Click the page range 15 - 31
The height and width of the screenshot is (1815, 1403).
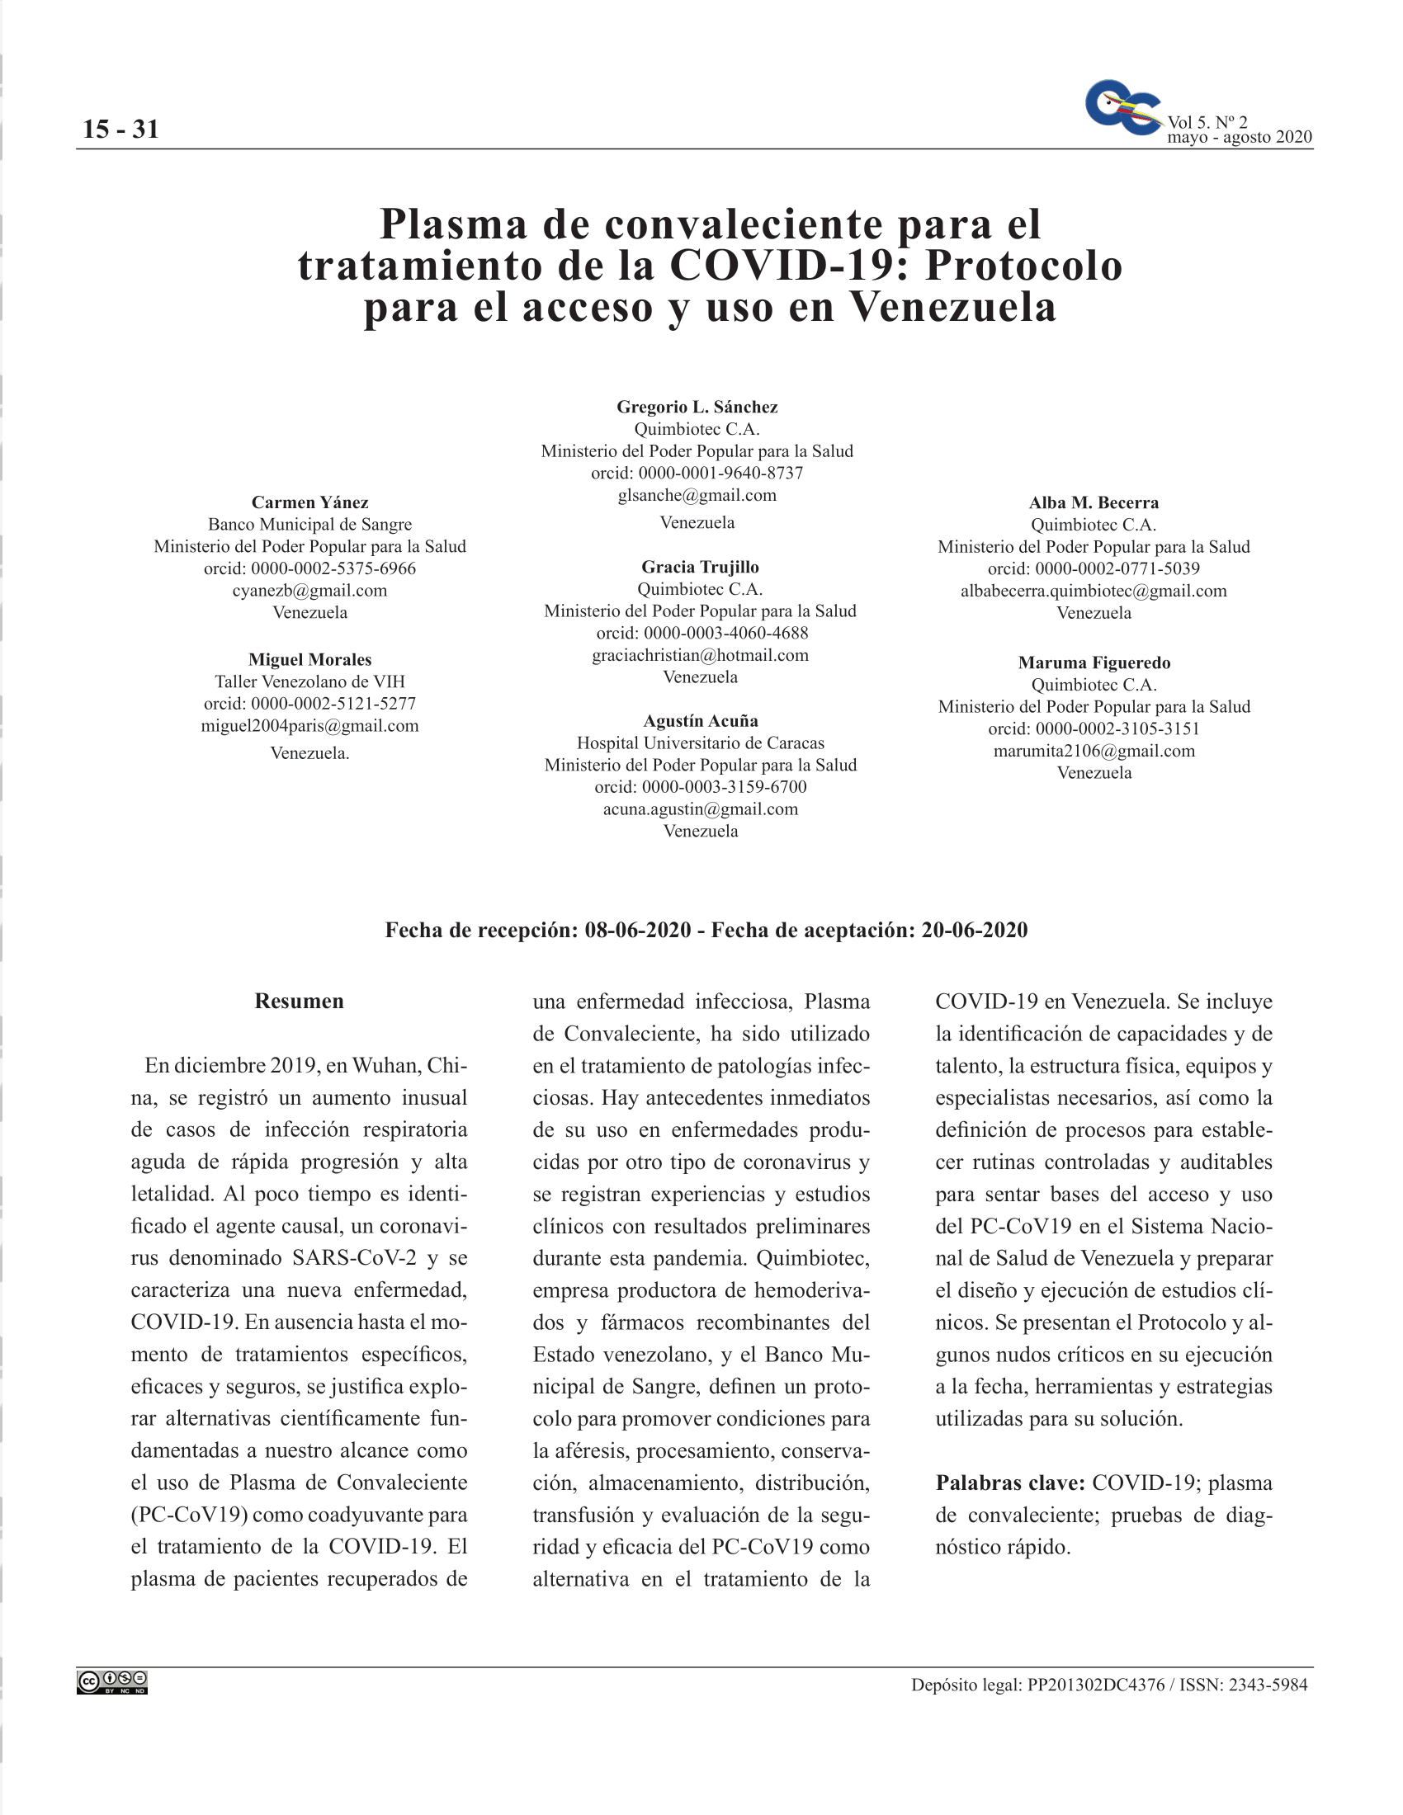[120, 129]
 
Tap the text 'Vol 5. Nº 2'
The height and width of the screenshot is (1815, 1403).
[1207, 122]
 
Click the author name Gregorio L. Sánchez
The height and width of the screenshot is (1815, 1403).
[697, 408]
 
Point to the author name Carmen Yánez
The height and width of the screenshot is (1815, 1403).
[309, 502]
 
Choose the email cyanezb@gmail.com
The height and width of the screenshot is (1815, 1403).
[309, 591]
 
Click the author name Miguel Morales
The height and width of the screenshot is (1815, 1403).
[309, 660]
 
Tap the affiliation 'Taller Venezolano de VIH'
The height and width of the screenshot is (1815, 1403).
[309, 681]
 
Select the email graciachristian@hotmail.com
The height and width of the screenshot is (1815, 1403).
[700, 655]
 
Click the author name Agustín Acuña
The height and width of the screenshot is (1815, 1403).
[700, 720]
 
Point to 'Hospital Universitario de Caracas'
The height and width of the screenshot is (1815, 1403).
[700, 743]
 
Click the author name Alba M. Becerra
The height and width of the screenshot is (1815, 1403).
[1093, 502]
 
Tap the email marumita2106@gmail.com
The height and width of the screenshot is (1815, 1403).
[1093, 751]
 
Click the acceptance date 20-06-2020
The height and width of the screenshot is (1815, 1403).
[973, 930]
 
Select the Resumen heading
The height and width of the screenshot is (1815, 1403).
[299, 1001]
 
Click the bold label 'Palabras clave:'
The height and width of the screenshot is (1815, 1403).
[1010, 1483]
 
